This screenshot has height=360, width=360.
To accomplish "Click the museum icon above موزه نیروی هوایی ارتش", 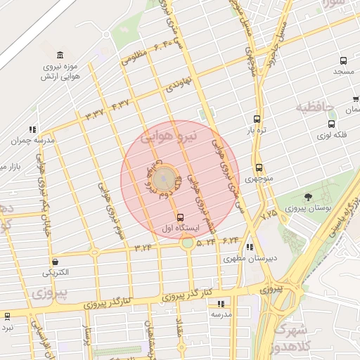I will [x=60, y=56].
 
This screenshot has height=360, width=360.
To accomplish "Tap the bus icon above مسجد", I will [x=343, y=61].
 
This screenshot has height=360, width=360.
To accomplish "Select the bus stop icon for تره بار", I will [x=257, y=119].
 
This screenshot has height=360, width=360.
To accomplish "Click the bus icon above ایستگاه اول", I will [x=181, y=217].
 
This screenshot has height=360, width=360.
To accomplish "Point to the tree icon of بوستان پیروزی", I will [x=309, y=198].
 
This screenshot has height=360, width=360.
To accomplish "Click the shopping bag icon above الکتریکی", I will [x=56, y=262].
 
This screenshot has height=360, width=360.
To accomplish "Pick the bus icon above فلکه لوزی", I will [x=332, y=124].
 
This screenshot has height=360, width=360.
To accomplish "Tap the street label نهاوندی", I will [x=177, y=86].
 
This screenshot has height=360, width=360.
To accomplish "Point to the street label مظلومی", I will [x=136, y=59].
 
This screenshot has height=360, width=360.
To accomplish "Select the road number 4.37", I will [x=121, y=105].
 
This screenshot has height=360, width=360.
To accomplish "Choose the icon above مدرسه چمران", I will [x=31, y=129].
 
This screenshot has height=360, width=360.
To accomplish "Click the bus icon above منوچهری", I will [x=259, y=167].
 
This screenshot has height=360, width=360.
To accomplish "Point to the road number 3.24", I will [x=144, y=247].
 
